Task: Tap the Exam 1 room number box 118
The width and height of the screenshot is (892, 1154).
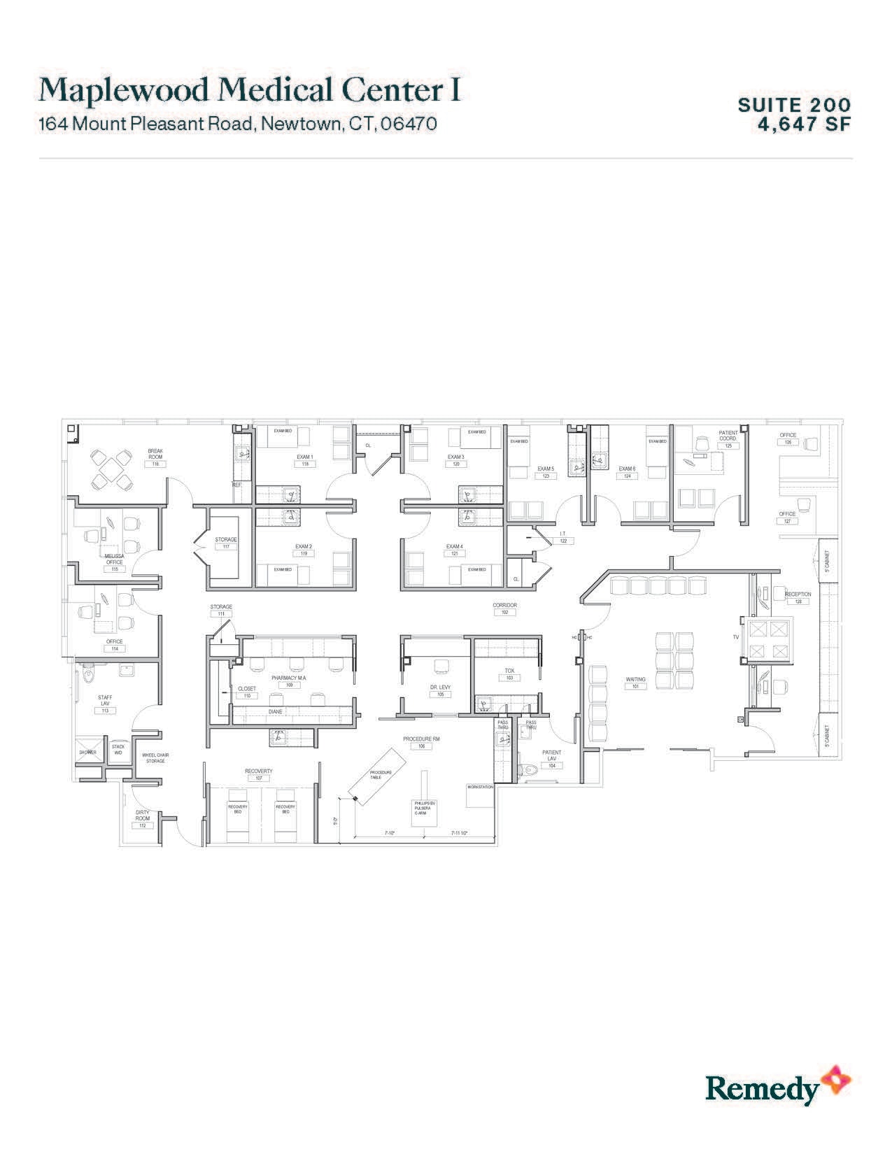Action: pyautogui.click(x=304, y=464)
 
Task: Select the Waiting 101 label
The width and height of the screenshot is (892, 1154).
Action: pyautogui.click(x=635, y=683)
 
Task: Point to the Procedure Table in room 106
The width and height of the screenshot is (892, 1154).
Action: pyautogui.click(x=382, y=773)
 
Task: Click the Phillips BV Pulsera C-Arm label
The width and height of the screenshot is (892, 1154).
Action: pyautogui.click(x=425, y=808)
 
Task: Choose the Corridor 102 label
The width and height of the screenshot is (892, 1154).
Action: pyautogui.click(x=504, y=608)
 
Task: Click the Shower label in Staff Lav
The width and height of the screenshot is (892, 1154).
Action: pyautogui.click(x=87, y=753)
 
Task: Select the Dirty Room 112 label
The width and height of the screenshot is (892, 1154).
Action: pyautogui.click(x=142, y=818)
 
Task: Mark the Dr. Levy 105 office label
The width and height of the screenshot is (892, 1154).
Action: pyautogui.click(x=441, y=691)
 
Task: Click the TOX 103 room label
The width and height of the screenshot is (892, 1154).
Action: pyautogui.click(x=509, y=674)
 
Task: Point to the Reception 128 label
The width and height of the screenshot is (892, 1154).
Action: pyautogui.click(x=798, y=597)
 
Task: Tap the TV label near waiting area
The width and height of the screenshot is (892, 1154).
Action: pyautogui.click(x=735, y=637)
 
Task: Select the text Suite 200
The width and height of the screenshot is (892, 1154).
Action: pyautogui.click(x=794, y=105)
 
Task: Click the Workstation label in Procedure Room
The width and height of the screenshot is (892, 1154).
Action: pyautogui.click(x=480, y=788)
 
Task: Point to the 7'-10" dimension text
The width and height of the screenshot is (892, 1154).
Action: pyautogui.click(x=390, y=833)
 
